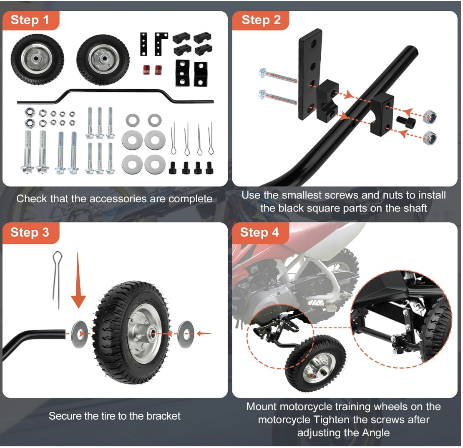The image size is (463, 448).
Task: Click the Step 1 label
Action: [30, 20]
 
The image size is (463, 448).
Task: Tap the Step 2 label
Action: [261, 20]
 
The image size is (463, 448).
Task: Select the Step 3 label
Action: [30, 232]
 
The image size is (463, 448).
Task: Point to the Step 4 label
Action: [259, 232]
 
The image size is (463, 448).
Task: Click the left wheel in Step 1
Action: [37, 59]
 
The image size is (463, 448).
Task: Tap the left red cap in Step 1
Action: [146, 70]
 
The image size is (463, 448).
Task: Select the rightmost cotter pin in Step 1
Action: [211, 139]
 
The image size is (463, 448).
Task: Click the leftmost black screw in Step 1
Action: [173, 168]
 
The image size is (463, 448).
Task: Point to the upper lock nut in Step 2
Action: [430, 117]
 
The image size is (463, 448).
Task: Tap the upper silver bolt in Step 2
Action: [277, 76]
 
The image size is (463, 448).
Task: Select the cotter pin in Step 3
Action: [57, 279]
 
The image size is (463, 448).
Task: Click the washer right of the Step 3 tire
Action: [186, 334]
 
